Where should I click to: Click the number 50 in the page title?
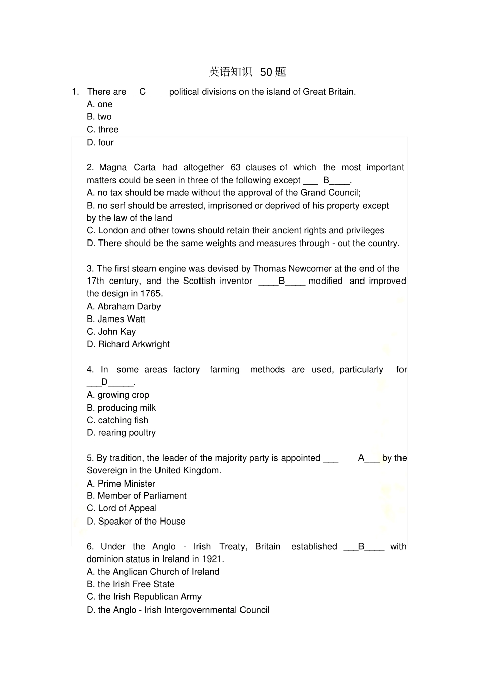coord(266,72)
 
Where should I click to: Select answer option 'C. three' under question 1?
coord(102,130)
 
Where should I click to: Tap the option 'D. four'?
coord(100,143)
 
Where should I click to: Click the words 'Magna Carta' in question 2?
coord(128,168)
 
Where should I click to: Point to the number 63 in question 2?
coord(235,168)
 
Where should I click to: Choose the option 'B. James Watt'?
coord(116,319)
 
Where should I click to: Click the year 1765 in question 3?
coord(151,294)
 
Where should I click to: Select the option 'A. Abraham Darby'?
coord(124,307)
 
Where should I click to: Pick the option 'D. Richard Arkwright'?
coord(128,345)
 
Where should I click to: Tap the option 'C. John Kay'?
coord(111,332)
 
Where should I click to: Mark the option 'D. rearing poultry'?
coord(121,433)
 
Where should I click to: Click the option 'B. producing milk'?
coord(121,408)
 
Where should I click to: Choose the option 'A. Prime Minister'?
coord(121,484)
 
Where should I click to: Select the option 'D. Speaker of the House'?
coord(136,522)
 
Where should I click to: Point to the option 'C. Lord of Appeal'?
coord(122,509)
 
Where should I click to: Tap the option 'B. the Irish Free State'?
coord(131,584)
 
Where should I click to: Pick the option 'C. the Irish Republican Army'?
coord(144,597)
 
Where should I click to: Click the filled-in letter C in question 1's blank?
coord(143,92)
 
